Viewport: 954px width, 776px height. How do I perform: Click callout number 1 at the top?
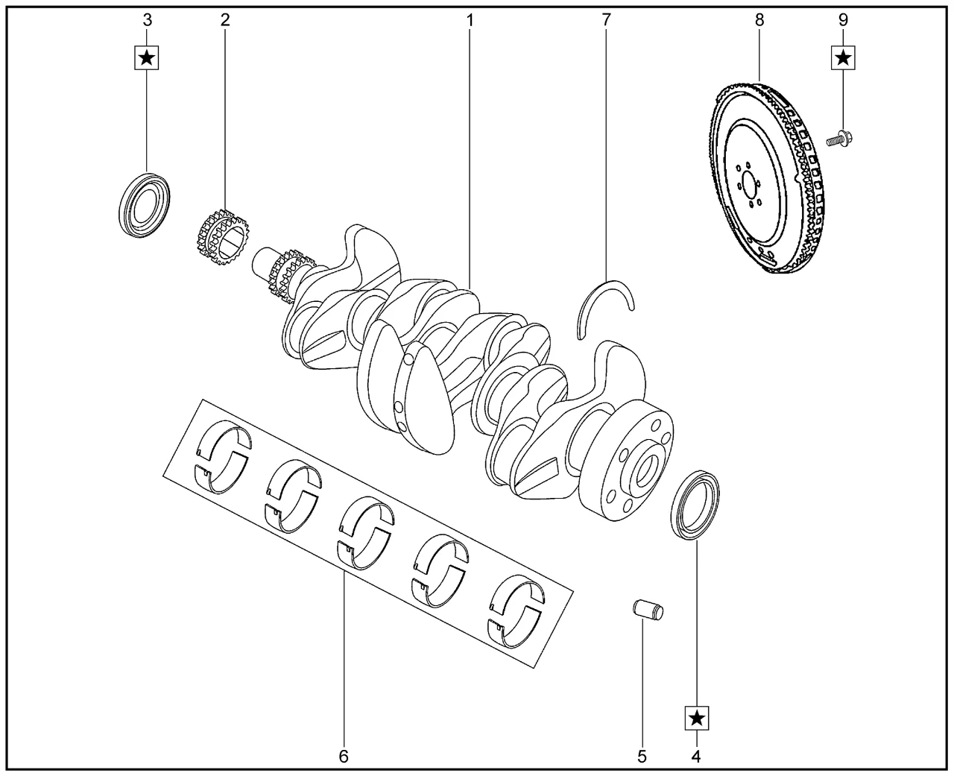point(470,20)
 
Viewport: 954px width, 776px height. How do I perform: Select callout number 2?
point(225,20)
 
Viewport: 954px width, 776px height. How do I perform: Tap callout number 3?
point(148,20)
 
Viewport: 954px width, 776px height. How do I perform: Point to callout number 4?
point(696,757)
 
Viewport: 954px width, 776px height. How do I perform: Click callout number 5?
point(642,757)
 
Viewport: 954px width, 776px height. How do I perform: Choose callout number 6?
point(344,757)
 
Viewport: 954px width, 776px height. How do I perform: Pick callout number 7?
point(606,20)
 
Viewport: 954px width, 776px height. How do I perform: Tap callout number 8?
point(759,20)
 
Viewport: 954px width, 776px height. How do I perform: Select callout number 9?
point(843,20)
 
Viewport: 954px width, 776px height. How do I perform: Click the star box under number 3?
point(147,58)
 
